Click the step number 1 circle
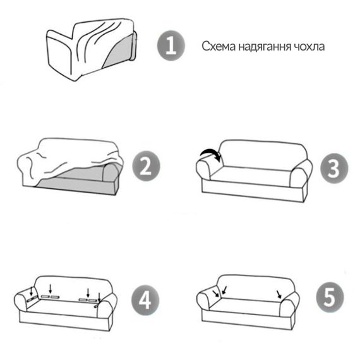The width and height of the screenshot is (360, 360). pyautogui.click(x=171, y=45)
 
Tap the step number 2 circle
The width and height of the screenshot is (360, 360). pyautogui.click(x=146, y=166)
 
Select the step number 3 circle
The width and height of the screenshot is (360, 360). pyautogui.click(x=334, y=168)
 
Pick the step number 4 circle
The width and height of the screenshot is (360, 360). pyautogui.click(x=145, y=300)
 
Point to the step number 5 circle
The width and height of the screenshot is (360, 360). pyautogui.click(x=330, y=297)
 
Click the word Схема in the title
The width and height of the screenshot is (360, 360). pyautogui.click(x=219, y=46)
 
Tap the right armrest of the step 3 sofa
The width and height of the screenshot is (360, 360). pyautogui.click(x=301, y=172)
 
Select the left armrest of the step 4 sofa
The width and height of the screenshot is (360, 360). pyautogui.click(x=23, y=301)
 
